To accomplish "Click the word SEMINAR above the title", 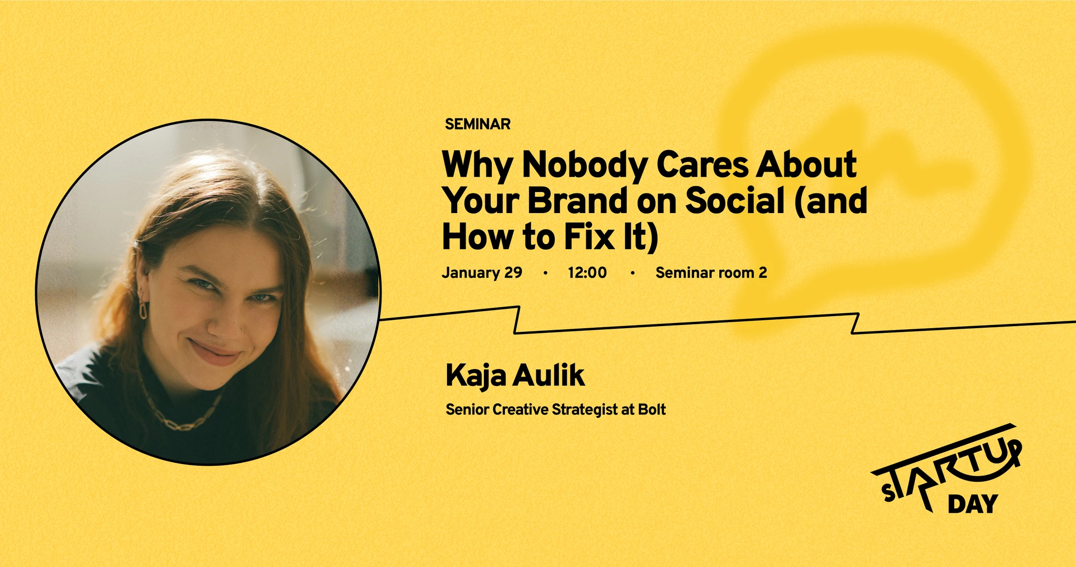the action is [478, 124].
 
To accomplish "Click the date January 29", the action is [482, 272].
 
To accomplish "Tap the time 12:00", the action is [587, 272].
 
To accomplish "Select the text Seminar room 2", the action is [711, 272].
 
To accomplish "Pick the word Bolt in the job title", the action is [651, 409].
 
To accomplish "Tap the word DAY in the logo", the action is [972, 504].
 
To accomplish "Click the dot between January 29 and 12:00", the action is [545, 273].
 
